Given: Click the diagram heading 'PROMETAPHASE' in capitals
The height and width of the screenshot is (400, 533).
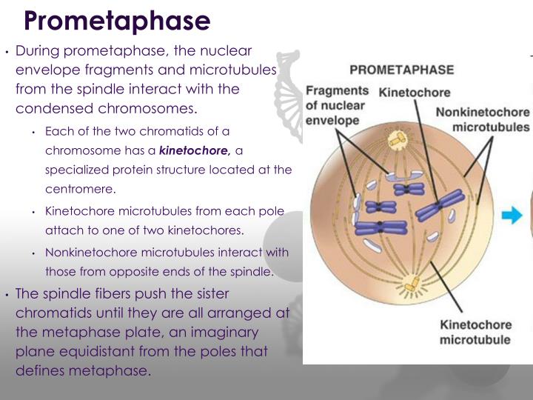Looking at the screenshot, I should pos(401,71).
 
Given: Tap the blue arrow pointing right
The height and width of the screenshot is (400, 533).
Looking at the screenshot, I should pos(512,216).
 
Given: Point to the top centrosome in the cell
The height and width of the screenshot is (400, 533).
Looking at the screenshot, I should pos(400,139).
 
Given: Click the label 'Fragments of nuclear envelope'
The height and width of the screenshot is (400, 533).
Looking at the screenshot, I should pos(336,104).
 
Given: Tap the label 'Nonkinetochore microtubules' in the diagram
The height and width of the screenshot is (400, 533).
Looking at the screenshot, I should pos(482,119).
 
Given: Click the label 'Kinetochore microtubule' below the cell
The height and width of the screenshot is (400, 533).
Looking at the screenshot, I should pos(475,332).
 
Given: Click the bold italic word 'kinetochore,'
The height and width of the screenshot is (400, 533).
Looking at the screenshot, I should pos(196,150).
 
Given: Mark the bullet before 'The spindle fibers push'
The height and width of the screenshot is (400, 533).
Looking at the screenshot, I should pos(6,294).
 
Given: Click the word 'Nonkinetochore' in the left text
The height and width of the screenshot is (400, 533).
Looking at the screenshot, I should pos(84,252).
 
